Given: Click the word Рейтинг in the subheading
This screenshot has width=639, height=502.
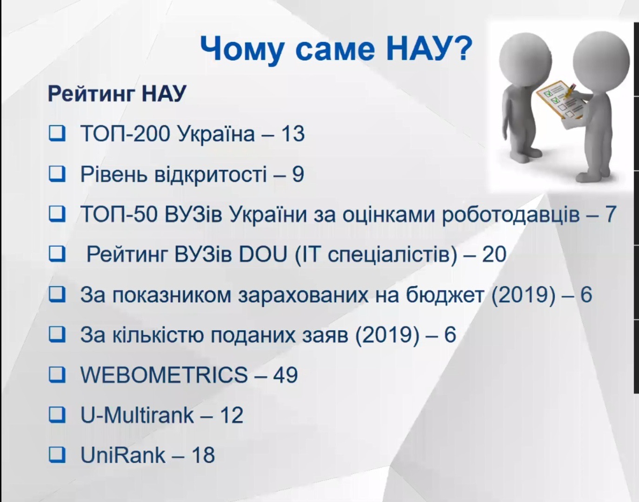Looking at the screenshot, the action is click(x=92, y=94).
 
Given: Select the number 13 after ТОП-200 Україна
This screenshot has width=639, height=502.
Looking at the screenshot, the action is click(x=293, y=134).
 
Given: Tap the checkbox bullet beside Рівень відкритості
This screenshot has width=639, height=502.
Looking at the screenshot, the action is click(x=57, y=174).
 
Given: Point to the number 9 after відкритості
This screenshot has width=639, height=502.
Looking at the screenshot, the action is click(x=298, y=174).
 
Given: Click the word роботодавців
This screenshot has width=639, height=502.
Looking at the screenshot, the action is click(x=511, y=215).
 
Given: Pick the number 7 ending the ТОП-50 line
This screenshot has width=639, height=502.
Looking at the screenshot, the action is click(x=611, y=214).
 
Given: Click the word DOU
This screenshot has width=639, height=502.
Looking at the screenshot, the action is click(x=263, y=254).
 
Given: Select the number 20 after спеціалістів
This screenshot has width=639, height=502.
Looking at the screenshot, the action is click(x=494, y=254).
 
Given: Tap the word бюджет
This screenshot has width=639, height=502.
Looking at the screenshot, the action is click(x=444, y=295).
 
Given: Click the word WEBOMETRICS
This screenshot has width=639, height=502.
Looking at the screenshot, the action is click(x=164, y=375).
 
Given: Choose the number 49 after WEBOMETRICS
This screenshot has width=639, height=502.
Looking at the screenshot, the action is click(x=286, y=375).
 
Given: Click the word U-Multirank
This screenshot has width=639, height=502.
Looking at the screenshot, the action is click(x=137, y=415).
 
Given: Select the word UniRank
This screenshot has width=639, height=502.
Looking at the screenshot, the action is click(x=123, y=455).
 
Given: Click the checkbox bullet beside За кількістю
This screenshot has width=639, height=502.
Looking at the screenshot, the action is click(x=57, y=335).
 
